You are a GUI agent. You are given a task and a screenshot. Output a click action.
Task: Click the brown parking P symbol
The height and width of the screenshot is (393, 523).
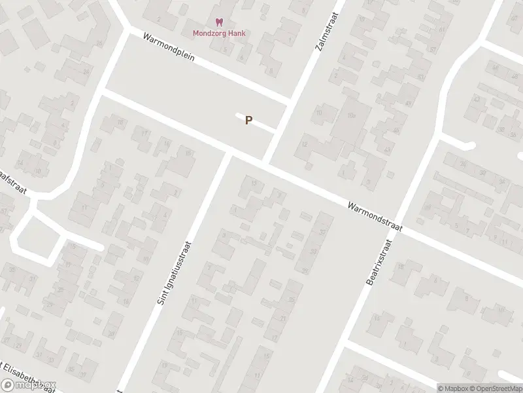(x=248, y=121)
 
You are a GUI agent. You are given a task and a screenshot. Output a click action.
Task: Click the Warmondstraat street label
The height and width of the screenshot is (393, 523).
(x=375, y=215)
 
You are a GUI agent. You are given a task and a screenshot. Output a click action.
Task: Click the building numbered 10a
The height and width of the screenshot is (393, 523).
(x=351, y=115)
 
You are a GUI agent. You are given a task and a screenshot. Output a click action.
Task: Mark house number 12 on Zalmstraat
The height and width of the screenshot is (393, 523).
(x=305, y=143)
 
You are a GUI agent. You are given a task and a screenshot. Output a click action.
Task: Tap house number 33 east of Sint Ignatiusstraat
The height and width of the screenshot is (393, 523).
(x=314, y=251)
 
